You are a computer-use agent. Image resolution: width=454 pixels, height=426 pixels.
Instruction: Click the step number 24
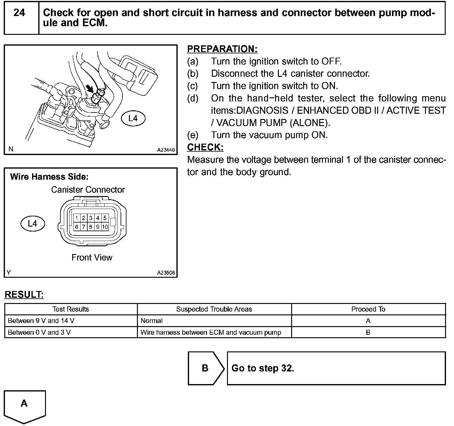(x=19, y=13)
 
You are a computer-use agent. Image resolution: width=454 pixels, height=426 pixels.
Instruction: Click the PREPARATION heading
(x=222, y=49)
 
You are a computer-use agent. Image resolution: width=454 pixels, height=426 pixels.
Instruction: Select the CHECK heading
(x=205, y=147)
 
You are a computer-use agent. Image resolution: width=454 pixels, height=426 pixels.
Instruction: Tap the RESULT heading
(x=24, y=295)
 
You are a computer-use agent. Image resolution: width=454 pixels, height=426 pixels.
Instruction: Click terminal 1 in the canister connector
(x=76, y=218)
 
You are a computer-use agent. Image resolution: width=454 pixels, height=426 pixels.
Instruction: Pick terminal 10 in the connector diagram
(x=105, y=227)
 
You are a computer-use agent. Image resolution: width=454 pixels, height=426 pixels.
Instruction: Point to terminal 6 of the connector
(x=76, y=227)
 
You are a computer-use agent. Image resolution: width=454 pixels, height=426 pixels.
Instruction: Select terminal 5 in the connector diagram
(x=105, y=218)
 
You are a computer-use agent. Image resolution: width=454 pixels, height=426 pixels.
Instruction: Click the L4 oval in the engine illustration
(x=133, y=118)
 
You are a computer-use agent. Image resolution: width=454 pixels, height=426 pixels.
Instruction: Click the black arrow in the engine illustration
(x=90, y=88)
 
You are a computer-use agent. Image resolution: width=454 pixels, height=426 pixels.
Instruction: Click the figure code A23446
(x=166, y=150)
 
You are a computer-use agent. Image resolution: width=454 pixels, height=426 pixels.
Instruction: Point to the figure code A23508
(x=166, y=273)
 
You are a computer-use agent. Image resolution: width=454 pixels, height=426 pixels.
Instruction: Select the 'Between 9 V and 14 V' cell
(x=41, y=321)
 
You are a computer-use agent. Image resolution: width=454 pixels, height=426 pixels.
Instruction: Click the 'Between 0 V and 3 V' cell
(x=39, y=332)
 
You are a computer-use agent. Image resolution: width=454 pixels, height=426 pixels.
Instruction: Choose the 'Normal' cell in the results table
(x=151, y=321)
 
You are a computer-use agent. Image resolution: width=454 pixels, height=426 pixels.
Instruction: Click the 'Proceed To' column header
(x=368, y=309)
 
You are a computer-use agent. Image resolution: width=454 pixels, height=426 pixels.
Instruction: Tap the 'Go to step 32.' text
(x=263, y=368)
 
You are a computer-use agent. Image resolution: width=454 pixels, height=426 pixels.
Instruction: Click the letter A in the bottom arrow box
(x=24, y=403)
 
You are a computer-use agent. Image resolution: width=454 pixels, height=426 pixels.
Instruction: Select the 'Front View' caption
(x=92, y=257)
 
